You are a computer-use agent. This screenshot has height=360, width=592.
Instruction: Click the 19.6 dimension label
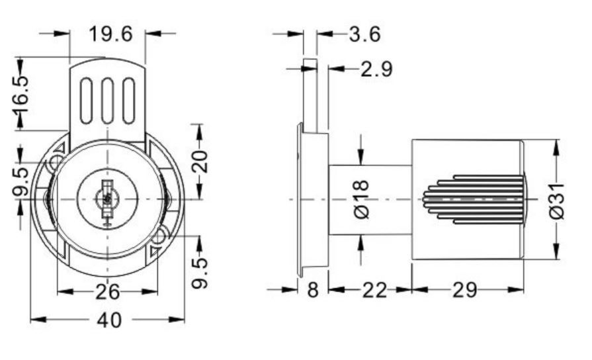click(x=110, y=34)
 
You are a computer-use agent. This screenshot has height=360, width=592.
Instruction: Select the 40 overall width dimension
click(x=110, y=320)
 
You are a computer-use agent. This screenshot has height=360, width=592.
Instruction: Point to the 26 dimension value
click(x=107, y=292)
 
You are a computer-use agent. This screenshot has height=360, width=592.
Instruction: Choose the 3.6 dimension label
click(x=364, y=34)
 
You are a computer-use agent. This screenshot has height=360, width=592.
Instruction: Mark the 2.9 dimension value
click(x=376, y=69)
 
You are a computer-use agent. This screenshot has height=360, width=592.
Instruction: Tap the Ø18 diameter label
click(x=362, y=199)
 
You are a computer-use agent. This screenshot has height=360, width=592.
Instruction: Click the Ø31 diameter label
click(x=556, y=201)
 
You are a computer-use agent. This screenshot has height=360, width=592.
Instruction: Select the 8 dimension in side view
click(x=313, y=290)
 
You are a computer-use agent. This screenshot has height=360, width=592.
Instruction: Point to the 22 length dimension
click(x=375, y=290)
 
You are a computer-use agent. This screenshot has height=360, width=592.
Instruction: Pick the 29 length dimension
click(x=465, y=290)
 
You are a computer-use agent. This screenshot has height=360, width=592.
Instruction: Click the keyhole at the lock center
click(x=108, y=199)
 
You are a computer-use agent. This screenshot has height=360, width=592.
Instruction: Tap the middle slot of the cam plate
click(x=108, y=101)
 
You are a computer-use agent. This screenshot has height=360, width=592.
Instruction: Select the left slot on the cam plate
click(x=86, y=101)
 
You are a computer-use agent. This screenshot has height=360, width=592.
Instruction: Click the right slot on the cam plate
click(x=129, y=101)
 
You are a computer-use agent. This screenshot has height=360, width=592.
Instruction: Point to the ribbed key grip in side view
click(x=474, y=199)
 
